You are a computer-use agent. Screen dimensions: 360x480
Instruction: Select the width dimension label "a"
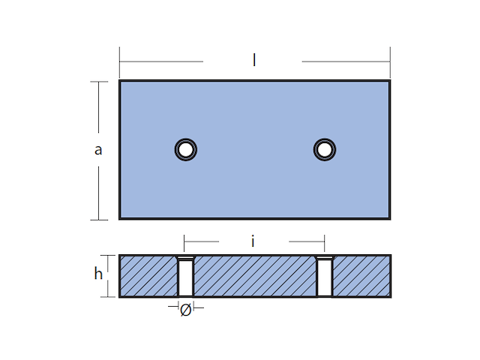click(x=98, y=150)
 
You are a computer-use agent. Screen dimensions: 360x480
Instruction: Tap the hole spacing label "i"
click(x=253, y=241)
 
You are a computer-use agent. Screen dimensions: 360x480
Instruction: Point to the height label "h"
click(x=98, y=274)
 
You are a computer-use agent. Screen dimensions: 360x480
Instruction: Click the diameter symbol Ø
click(x=185, y=309)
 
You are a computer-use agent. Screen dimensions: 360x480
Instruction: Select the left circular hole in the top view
click(x=185, y=150)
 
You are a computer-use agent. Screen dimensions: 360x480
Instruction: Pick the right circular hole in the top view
click(x=324, y=150)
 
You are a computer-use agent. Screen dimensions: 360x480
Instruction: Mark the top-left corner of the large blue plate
click(x=120, y=81)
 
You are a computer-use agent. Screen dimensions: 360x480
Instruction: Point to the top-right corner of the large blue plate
click(x=389, y=81)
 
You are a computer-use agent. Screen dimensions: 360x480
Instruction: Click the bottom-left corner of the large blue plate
click(x=120, y=219)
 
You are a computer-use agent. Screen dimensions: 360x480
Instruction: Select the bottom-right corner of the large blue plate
click(x=389, y=219)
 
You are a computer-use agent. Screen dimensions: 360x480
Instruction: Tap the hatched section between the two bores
click(x=255, y=276)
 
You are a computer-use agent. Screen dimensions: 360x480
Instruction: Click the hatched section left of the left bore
click(x=148, y=276)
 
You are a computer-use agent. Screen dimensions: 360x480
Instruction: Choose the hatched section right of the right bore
click(x=361, y=276)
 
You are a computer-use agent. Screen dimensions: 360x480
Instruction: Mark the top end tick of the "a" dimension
click(x=99, y=81)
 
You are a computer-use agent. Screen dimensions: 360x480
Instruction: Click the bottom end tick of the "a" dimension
click(x=99, y=220)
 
